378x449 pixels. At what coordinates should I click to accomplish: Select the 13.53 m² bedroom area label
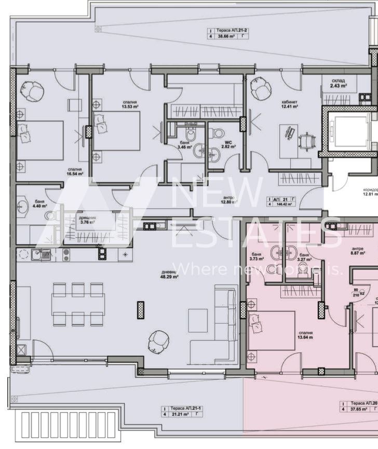130,105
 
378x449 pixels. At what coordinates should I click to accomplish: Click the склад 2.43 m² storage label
338,83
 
